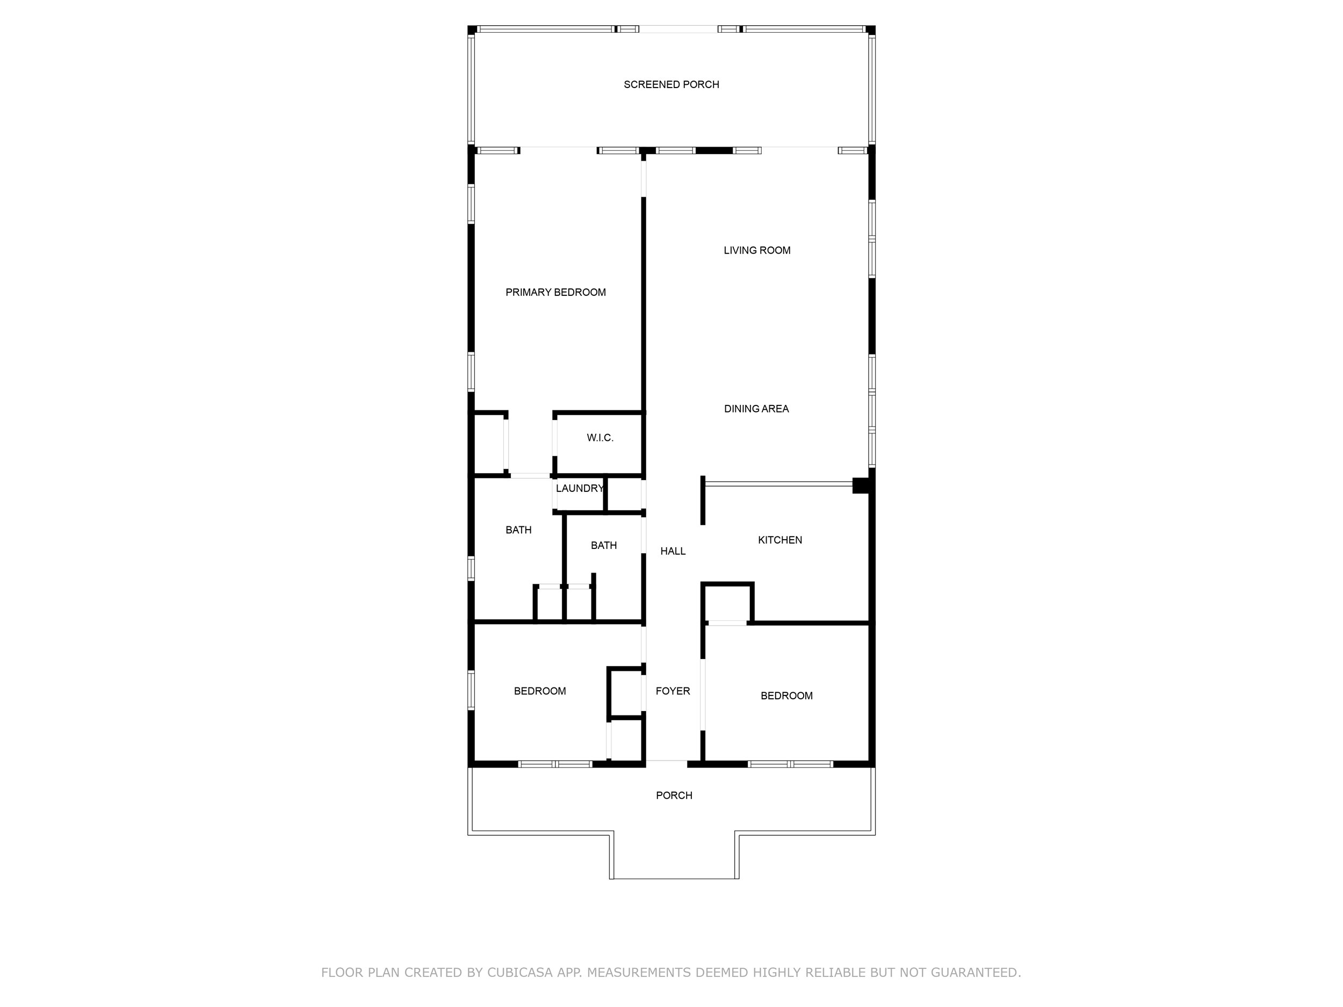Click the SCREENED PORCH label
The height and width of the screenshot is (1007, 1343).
click(671, 84)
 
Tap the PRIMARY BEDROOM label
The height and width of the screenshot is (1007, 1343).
click(555, 292)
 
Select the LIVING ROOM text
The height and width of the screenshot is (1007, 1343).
click(756, 250)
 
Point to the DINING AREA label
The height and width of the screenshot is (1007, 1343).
click(756, 409)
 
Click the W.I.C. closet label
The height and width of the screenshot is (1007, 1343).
click(600, 438)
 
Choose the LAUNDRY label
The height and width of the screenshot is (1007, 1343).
click(579, 488)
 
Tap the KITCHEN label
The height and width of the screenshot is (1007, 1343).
click(779, 540)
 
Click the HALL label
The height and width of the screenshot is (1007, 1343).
click(673, 550)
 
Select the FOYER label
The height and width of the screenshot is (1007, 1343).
click(673, 691)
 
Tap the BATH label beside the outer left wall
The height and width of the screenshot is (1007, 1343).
click(518, 530)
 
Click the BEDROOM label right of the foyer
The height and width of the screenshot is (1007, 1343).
click(786, 696)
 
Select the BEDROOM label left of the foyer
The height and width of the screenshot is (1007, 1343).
click(539, 691)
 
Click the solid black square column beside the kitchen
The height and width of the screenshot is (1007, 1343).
click(860, 486)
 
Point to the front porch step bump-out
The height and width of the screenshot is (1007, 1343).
click(674, 856)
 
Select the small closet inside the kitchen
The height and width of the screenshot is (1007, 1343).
click(727, 603)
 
